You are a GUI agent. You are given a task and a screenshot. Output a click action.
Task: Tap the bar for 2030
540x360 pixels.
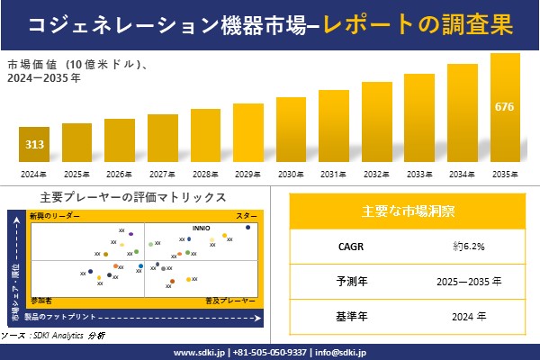[x=291, y=130]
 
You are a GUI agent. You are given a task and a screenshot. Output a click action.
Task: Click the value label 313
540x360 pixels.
[x=33, y=144]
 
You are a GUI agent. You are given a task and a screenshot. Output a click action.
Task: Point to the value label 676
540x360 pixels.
[x=505, y=107]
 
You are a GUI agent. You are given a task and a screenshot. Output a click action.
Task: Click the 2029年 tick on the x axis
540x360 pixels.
[x=247, y=174]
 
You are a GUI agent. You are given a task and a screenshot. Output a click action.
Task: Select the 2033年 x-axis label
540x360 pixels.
[x=419, y=174]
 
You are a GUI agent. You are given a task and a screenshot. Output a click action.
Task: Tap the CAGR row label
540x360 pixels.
[x=346, y=246]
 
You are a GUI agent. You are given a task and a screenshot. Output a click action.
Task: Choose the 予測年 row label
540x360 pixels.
[x=346, y=281]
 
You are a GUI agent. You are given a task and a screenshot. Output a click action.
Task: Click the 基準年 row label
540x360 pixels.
[x=346, y=316]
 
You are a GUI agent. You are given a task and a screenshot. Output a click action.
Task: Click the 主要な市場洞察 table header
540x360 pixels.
[x=408, y=211]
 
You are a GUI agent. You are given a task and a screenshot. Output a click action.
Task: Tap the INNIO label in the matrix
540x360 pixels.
[x=202, y=229]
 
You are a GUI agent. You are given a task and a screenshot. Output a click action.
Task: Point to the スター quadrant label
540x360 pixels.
[x=247, y=217]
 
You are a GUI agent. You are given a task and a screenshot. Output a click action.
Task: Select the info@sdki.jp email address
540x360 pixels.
[x=346, y=352]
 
